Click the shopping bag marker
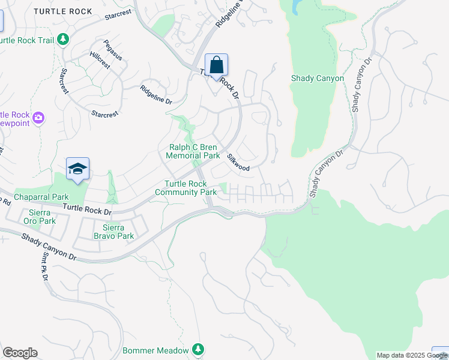point(216,65)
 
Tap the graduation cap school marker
point(77,170)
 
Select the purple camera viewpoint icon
point(39,118)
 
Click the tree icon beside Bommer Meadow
point(198,350)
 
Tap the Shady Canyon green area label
point(317,79)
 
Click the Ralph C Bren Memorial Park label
point(193,151)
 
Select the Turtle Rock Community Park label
point(185,188)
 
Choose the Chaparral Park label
point(42,197)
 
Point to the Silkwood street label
point(238,163)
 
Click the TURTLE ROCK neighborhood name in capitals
point(63,11)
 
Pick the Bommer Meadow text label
point(155,350)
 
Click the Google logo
point(20,353)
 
